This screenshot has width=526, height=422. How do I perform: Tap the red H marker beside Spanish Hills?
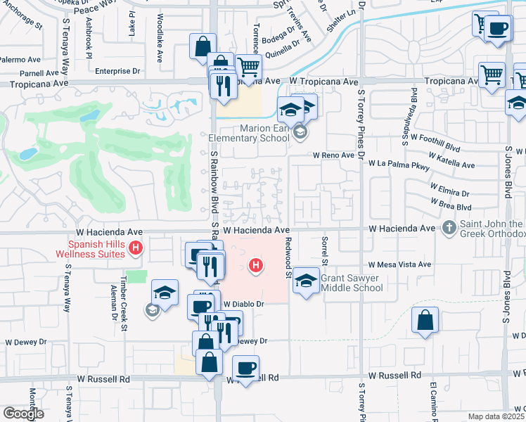137,248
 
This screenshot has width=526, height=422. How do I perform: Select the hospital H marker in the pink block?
257,266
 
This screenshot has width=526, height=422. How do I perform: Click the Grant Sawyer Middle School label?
350,283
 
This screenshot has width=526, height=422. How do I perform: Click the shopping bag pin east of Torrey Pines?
425,321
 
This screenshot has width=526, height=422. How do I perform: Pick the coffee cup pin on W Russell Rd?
245,369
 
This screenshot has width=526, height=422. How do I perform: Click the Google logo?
24,414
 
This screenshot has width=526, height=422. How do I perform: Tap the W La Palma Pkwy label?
399,163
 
